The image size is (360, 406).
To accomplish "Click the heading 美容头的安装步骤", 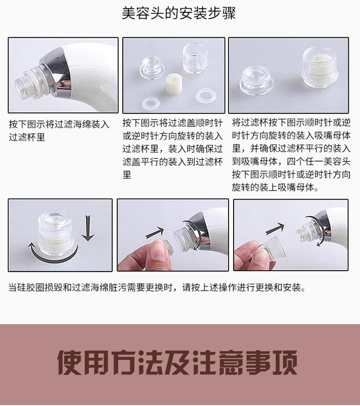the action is pos(179,13).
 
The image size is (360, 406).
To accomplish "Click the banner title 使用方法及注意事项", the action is pos(177,363).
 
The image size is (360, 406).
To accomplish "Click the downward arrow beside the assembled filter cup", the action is pos(88,228).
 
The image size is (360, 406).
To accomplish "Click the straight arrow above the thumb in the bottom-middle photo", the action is pos(155,233).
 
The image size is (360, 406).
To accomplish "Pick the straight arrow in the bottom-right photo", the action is pos(275,228).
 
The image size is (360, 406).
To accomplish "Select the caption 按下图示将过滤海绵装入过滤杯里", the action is pos(59,130).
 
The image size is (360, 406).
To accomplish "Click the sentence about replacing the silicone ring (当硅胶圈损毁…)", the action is pos(157,287).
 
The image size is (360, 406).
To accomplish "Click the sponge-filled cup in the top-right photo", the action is pos(320,67).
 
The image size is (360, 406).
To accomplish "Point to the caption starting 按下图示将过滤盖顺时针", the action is pos(173,149).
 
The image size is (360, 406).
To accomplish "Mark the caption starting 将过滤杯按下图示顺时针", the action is pos(291,155).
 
